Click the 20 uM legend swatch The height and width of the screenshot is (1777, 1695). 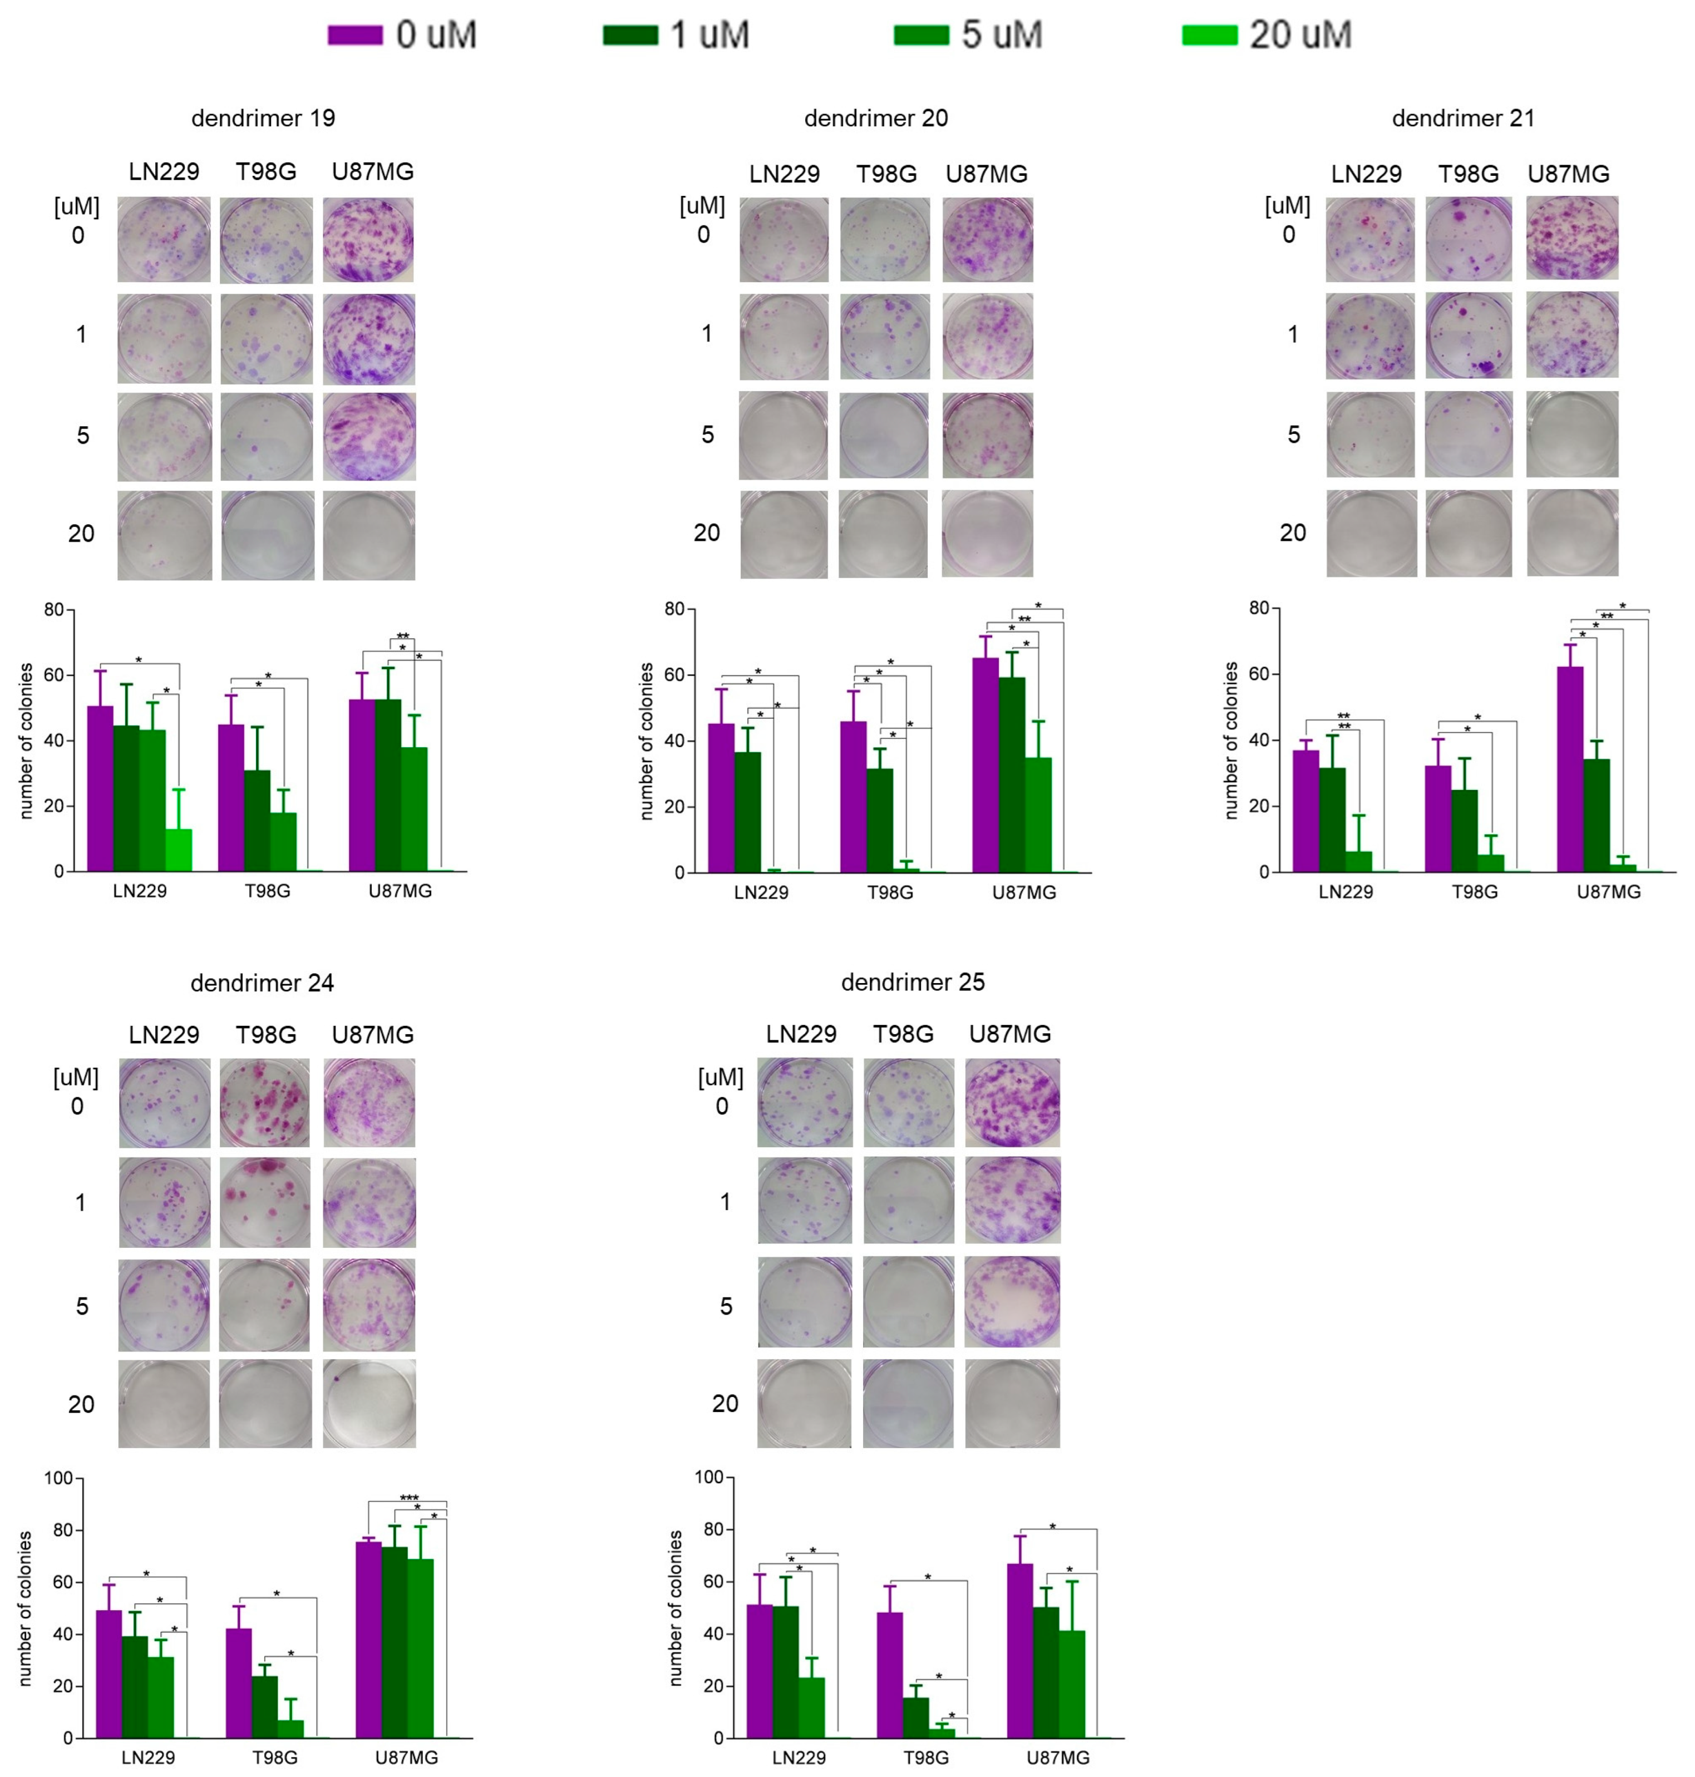tap(1209, 35)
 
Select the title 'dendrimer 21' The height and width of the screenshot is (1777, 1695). tap(1463, 119)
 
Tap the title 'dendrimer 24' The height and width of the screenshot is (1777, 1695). tap(262, 983)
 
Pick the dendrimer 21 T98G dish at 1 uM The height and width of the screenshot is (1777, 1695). tap(1468, 335)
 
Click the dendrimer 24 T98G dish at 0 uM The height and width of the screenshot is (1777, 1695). tap(265, 1103)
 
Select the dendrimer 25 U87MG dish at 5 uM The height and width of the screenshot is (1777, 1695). tap(1012, 1302)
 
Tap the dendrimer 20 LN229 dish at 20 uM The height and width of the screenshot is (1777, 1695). tap(784, 534)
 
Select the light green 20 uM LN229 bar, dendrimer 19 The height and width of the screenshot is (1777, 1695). tap(179, 849)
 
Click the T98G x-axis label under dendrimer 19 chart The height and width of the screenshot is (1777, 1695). tap(268, 891)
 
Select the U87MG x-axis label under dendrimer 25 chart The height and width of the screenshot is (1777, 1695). tap(1057, 1758)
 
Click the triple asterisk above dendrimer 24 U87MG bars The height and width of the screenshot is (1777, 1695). tap(408, 1497)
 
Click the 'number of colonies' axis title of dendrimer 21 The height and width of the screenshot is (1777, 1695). tap(1230, 741)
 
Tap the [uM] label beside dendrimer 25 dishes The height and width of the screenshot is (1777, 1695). tap(720, 1077)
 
